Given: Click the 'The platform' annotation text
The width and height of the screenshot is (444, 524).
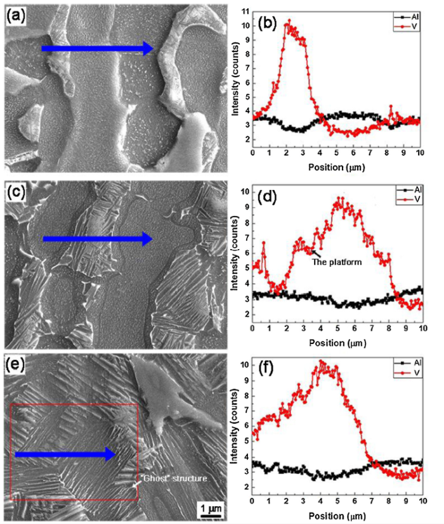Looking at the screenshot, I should coord(337,260).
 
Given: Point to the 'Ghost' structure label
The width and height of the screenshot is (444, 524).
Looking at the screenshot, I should coord(174,478).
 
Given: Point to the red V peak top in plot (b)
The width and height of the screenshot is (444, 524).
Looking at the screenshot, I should coord(289,22).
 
